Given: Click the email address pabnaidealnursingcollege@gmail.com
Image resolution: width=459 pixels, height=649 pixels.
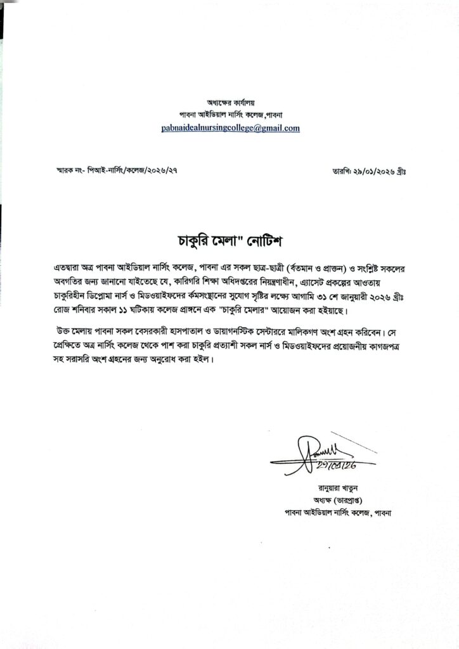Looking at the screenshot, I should [x=230, y=128].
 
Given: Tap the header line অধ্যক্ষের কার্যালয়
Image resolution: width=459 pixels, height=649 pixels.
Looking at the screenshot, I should [x=231, y=102].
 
